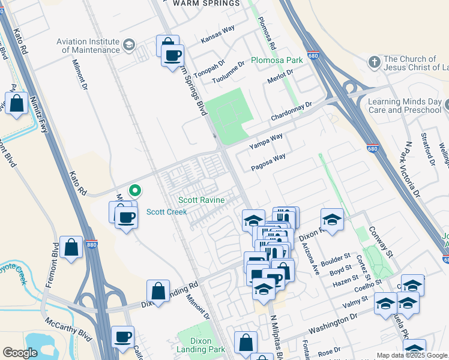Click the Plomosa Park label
tap(277, 61)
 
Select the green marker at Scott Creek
tap(136, 191)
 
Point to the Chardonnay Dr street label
tap(292, 112)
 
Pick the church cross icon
tap(374, 62)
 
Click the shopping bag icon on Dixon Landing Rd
tap(158, 292)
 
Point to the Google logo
tap(20, 353)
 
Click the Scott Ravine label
tap(201, 200)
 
